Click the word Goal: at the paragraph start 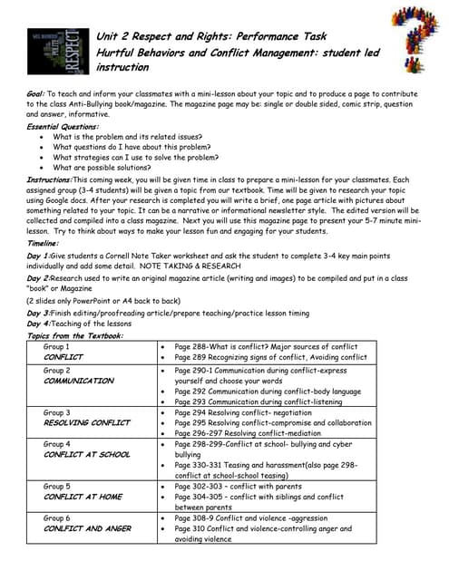point(38,94)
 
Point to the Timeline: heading point(43,244)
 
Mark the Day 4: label point(38,324)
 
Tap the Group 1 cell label point(56,347)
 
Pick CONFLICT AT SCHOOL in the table point(87,455)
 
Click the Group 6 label point(56,517)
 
